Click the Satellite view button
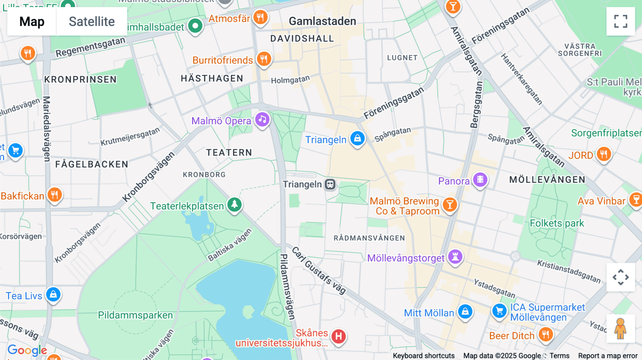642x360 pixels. click(92, 21)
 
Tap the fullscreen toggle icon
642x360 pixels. click(621, 21)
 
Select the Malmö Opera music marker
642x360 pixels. click(262, 120)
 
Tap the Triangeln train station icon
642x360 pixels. click(330, 184)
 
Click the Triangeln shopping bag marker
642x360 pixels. click(357, 138)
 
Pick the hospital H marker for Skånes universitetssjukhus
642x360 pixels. click(338, 336)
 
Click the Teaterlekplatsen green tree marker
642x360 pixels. click(234, 205)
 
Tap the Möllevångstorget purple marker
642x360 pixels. click(455, 257)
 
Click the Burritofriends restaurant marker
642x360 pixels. click(264, 59)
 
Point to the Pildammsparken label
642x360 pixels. click(135, 315)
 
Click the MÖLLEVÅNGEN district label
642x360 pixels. click(547, 180)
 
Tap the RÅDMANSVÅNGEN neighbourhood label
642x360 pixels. click(369, 238)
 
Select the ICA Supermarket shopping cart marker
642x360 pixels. click(499, 311)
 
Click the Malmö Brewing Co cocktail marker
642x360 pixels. click(450, 205)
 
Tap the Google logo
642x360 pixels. click(27, 350)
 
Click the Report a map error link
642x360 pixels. click(608, 356)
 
